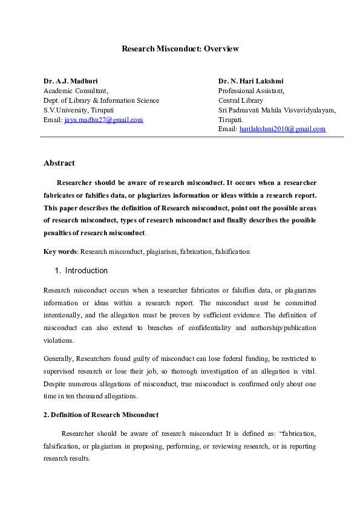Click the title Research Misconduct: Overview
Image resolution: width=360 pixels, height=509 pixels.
180,48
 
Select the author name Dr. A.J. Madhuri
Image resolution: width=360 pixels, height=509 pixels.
70,80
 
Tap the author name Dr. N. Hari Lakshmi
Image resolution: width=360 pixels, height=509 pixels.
250,80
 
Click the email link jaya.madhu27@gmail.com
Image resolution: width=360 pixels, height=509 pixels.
103,120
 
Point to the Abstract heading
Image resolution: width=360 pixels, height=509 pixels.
59,163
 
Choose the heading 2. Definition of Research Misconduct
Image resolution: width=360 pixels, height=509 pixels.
101,415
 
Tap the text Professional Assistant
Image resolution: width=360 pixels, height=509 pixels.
251,90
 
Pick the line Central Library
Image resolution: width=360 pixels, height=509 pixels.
241,100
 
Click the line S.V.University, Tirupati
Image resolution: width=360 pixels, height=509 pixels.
78,110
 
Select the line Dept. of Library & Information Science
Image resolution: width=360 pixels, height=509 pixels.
101,100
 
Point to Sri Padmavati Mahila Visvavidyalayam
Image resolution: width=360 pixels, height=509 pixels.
277,110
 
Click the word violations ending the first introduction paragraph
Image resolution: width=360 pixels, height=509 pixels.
57,340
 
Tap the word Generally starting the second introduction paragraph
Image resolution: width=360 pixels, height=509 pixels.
58,358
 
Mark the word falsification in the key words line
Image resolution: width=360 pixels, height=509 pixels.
232,251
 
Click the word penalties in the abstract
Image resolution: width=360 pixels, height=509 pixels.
58,233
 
